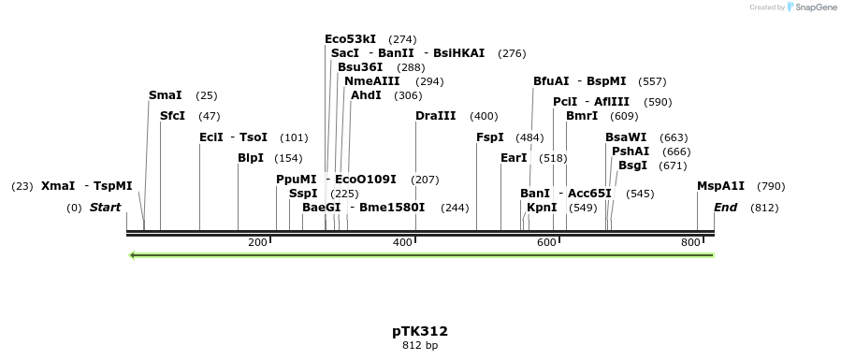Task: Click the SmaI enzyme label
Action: point(164,95)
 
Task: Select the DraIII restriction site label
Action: point(436,116)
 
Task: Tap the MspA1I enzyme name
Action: point(721,186)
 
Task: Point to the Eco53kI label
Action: point(351,39)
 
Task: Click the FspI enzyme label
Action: point(490,137)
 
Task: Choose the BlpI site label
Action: point(251,158)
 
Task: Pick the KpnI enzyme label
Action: point(542,208)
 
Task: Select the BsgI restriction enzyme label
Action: point(632,166)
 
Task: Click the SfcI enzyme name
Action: point(172,116)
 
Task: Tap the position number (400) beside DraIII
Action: point(484,116)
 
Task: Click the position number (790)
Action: point(771,186)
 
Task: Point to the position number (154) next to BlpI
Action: point(288,158)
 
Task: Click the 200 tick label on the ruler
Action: point(257,243)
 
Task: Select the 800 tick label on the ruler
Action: point(690,243)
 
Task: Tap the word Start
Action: point(106,208)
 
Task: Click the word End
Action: point(726,208)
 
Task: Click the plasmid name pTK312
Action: point(420,331)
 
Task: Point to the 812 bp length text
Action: point(420,346)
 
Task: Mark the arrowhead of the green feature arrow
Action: point(134,254)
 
